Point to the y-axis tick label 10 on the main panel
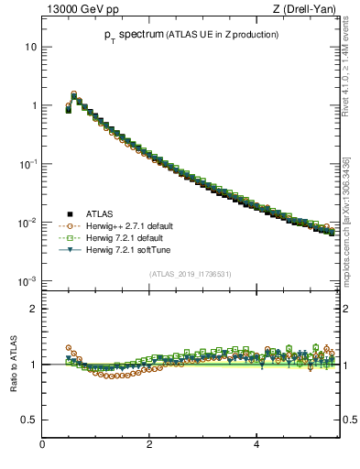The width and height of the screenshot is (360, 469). tap(30, 47)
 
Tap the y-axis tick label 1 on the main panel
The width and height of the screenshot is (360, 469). tap(34, 105)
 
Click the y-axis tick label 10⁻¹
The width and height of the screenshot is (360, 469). tap(28, 163)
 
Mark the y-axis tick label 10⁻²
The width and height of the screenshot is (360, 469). tap(28, 222)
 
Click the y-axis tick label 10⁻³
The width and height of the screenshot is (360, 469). tap(28, 280)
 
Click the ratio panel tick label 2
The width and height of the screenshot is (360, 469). tap(34, 309)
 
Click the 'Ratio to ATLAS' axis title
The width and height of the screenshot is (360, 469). tap(13, 364)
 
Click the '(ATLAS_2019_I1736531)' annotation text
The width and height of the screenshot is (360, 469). tap(191, 274)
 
